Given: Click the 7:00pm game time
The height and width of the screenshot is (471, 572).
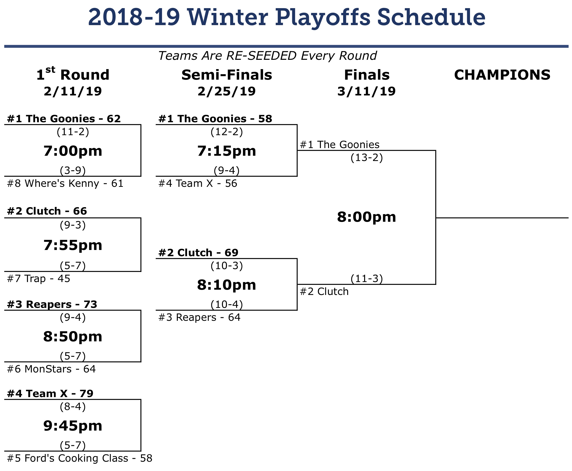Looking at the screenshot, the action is pyautogui.click(x=73, y=151).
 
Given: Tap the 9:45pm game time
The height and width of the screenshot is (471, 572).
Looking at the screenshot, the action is pyautogui.click(x=73, y=426).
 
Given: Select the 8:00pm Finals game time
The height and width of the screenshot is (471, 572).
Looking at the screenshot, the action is pyautogui.click(x=366, y=217).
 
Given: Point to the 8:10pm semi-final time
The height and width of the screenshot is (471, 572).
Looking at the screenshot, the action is pyautogui.click(x=227, y=285).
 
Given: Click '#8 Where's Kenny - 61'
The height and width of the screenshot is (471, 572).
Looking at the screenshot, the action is pyautogui.click(x=65, y=184).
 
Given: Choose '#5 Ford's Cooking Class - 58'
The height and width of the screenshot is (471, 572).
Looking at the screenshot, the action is pyautogui.click(x=80, y=458).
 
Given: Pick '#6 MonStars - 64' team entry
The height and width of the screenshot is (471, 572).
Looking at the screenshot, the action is pyautogui.click(x=51, y=369).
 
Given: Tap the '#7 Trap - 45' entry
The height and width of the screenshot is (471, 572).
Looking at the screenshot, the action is pyautogui.click(x=38, y=279).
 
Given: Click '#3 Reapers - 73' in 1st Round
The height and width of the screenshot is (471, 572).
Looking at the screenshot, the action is pyautogui.click(x=52, y=305).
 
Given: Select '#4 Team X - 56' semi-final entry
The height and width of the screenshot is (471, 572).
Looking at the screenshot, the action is pyautogui.click(x=198, y=184).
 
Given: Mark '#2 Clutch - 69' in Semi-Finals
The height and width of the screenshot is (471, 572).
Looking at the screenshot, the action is pyautogui.click(x=198, y=253).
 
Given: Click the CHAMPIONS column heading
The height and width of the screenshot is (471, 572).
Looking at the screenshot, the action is pyautogui.click(x=502, y=75).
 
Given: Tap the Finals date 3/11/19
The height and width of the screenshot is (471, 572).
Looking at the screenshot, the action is pyautogui.click(x=366, y=91).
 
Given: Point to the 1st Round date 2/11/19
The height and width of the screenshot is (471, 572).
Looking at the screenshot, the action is pyautogui.click(x=73, y=91).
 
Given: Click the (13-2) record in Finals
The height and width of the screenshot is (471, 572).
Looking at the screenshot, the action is pyautogui.click(x=367, y=158).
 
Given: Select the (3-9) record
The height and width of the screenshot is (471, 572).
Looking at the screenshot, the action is pyautogui.click(x=73, y=170).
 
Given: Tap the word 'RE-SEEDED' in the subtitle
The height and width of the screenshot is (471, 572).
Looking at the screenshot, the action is pyautogui.click(x=261, y=56).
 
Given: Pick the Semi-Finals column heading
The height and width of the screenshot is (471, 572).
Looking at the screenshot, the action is pyautogui.click(x=227, y=75).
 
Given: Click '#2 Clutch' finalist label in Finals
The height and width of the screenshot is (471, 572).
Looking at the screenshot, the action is pyautogui.click(x=324, y=292).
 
